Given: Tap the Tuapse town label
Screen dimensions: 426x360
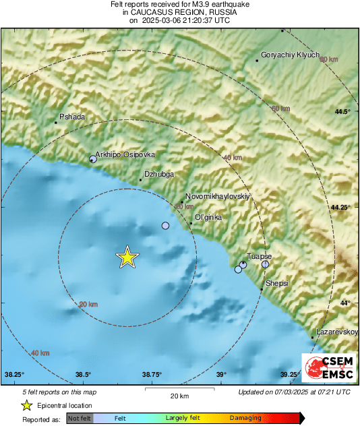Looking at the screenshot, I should pos(260,256).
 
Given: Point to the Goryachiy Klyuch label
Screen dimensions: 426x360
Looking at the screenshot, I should pos(290,55).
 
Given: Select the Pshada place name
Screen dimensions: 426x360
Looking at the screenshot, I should pos(72,117).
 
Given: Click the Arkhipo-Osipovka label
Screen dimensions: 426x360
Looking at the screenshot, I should pos(125,154).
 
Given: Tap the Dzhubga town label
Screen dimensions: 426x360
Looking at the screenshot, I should pos(159,174).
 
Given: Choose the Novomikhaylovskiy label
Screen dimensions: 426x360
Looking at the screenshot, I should pos(217,196).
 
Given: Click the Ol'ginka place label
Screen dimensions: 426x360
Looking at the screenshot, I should pos(208,217).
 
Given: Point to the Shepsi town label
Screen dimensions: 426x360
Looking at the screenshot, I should pos(277,283).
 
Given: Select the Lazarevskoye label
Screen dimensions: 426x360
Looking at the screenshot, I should pos(337,332).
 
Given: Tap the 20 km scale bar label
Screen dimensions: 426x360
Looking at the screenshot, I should pos(179,396).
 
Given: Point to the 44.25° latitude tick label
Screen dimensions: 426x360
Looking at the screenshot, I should pos(340,207).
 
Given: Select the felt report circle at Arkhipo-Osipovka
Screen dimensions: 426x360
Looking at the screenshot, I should pos(93,159).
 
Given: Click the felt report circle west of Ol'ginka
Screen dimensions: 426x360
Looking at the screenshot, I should pos(166,226).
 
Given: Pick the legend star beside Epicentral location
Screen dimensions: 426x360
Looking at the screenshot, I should pos(27,405).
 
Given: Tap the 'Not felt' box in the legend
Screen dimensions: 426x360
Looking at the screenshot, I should pos(79,418).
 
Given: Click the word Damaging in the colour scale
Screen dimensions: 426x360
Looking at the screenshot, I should pos(245,418).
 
